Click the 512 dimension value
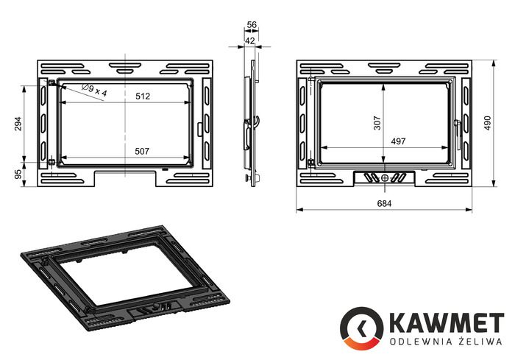(x=142, y=96)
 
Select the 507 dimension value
(x=142, y=151)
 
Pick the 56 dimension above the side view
(x=252, y=25)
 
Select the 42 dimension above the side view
(x=252, y=42)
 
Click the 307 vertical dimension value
(x=377, y=123)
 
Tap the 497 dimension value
(x=398, y=141)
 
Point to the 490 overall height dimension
(x=487, y=123)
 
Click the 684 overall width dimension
(x=383, y=203)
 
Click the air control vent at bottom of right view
(x=383, y=177)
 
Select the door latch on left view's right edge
(x=199, y=129)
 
